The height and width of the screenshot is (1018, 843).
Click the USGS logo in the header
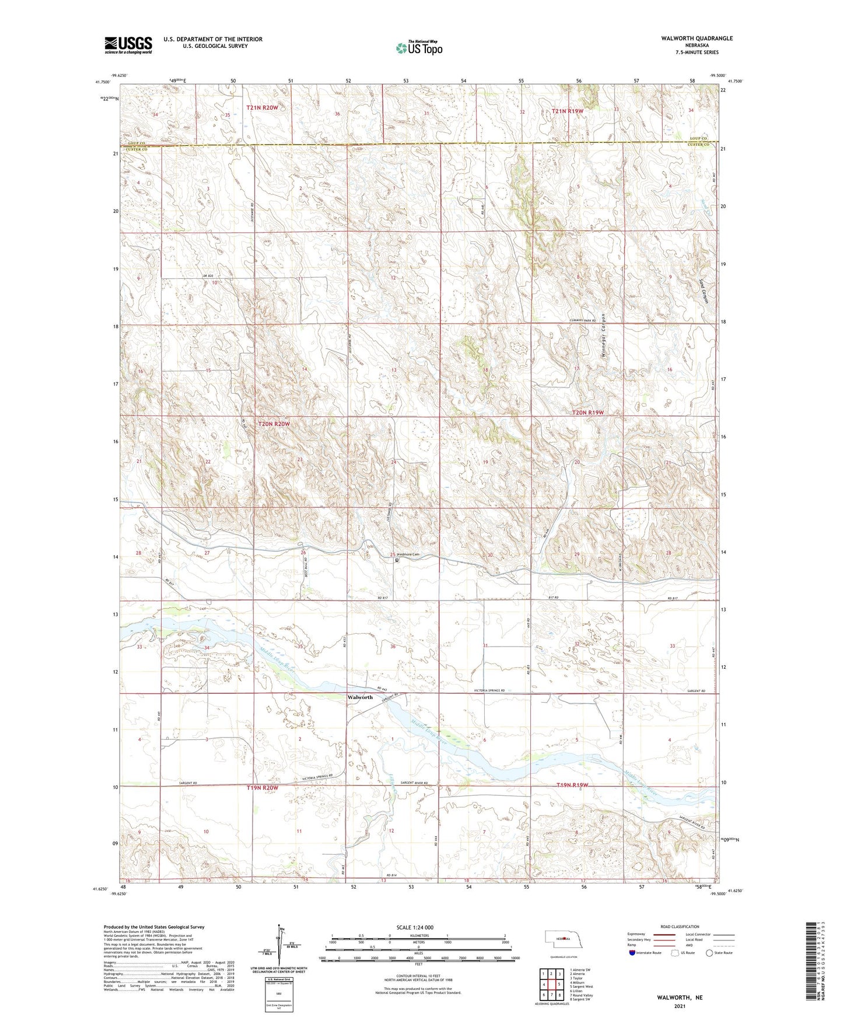(x=128, y=45)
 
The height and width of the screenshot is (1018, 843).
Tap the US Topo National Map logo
(x=418, y=48)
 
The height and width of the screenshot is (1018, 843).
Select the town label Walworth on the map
(x=360, y=697)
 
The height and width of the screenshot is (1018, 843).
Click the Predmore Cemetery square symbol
(x=397, y=560)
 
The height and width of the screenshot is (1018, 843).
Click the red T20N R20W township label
(x=274, y=424)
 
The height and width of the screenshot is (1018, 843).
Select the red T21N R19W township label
(x=568, y=111)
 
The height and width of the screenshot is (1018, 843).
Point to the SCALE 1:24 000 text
(x=415, y=928)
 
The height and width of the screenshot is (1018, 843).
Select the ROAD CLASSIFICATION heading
(x=680, y=927)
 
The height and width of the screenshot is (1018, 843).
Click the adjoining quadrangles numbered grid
(x=551, y=985)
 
